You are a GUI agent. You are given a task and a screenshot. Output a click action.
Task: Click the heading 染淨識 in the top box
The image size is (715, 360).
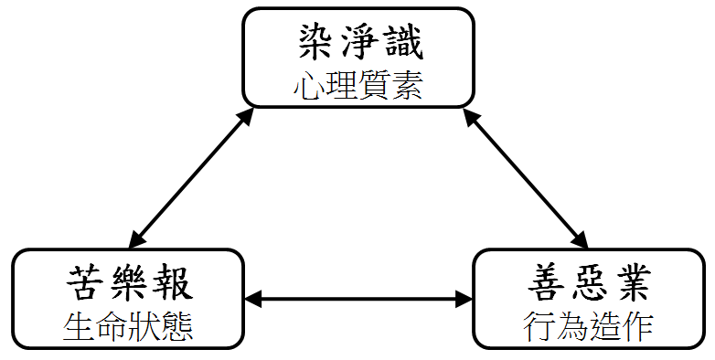[x=360, y=42]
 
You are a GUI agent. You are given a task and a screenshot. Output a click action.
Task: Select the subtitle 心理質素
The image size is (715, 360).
[x=358, y=86]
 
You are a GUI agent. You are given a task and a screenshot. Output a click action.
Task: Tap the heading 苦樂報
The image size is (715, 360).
[x=130, y=282]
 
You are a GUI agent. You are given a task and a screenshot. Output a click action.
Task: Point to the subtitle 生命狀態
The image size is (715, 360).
[x=128, y=326]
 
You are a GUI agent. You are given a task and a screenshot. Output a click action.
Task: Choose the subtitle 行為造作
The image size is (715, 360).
[x=588, y=326]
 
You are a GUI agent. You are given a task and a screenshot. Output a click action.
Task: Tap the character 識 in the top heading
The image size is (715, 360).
[x=404, y=42]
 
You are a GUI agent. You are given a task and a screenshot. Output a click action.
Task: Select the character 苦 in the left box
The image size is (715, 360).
[x=86, y=282]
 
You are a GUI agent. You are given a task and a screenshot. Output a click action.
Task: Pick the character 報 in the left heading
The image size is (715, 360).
[x=175, y=282]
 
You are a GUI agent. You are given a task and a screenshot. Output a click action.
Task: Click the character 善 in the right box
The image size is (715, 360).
[x=547, y=282]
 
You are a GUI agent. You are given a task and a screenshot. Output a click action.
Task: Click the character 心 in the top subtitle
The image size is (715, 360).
[x=309, y=86]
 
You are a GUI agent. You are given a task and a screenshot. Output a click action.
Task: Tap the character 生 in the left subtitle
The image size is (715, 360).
[x=79, y=326]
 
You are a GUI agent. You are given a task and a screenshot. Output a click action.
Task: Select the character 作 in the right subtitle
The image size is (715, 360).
[x=638, y=326]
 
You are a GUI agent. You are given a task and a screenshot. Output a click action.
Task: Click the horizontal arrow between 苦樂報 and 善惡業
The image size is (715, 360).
[x=358, y=300]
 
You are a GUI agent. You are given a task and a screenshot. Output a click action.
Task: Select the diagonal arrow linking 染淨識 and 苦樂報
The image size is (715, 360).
[x=191, y=178]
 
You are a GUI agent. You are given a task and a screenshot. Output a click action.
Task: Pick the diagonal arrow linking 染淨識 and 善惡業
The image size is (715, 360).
[x=526, y=178]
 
